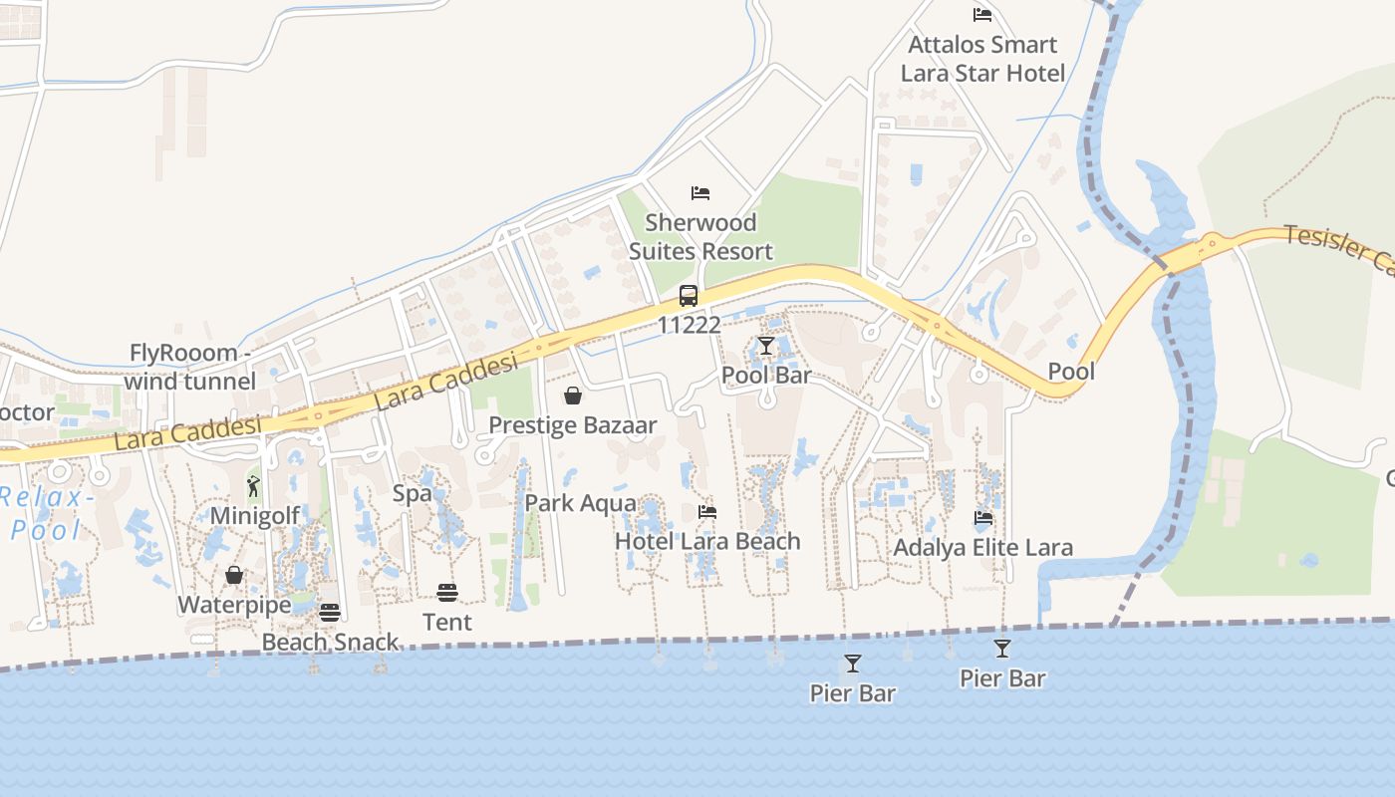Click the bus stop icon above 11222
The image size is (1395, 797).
(689, 295)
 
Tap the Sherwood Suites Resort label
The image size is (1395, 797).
(700, 237)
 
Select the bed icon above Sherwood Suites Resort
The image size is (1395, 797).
(700, 192)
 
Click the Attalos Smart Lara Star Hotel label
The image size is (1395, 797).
(982, 59)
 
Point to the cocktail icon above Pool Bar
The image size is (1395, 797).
(765, 346)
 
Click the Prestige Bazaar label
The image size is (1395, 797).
(572, 425)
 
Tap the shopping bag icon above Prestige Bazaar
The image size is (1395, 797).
(573, 396)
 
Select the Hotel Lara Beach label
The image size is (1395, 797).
(707, 542)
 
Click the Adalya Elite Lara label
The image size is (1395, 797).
(982, 548)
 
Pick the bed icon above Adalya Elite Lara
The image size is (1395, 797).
(983, 517)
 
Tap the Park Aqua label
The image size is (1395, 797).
(580, 503)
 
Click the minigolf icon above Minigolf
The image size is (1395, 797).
(253, 486)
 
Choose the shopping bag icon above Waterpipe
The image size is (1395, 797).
(234, 575)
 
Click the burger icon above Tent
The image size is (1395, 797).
(446, 593)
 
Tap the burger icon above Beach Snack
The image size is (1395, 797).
(330, 612)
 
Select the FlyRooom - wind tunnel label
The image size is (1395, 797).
(191, 367)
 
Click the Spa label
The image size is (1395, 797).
(412, 493)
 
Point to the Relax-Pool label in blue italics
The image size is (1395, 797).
(46, 513)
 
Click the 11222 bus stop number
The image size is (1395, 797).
(689, 325)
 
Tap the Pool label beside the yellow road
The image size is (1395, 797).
(1071, 372)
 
